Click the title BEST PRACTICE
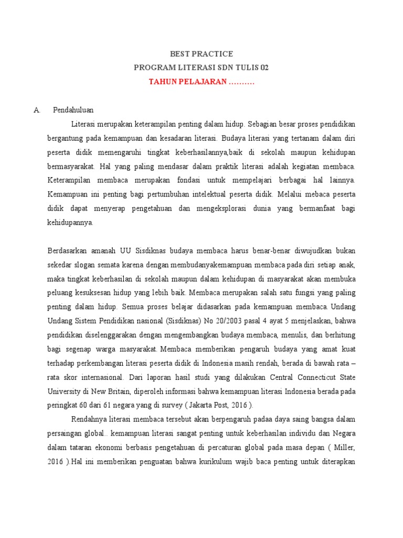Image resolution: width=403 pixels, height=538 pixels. (201, 54)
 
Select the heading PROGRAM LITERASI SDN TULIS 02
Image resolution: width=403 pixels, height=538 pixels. (201, 68)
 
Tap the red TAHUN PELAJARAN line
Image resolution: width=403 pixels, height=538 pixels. (201, 81)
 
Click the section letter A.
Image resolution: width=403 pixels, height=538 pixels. (36, 110)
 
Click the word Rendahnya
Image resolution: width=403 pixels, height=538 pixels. (88, 419)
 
